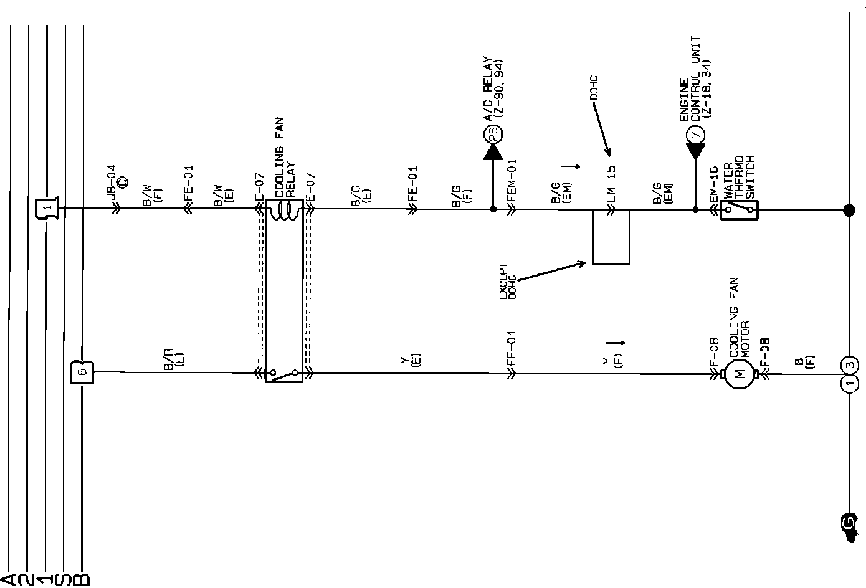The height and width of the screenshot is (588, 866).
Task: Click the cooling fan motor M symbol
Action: pyautogui.click(x=740, y=374)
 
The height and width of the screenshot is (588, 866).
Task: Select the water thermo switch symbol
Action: pyautogui.click(x=739, y=210)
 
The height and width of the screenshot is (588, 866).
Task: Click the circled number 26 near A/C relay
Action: pyautogui.click(x=493, y=133)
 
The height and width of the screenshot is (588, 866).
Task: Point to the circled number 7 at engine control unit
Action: pyautogui.click(x=695, y=133)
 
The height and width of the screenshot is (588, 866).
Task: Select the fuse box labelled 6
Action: pyautogui.click(x=82, y=372)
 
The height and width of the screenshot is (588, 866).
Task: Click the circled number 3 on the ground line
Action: pyautogui.click(x=849, y=365)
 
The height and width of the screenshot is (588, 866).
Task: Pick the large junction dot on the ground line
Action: pyautogui.click(x=849, y=210)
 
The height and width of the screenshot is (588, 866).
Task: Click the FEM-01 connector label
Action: pyautogui.click(x=512, y=180)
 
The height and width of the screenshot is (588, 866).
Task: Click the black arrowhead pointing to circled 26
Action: pyautogui.click(x=493, y=151)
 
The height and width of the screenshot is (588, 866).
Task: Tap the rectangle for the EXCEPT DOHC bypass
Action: pyautogui.click(x=611, y=237)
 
